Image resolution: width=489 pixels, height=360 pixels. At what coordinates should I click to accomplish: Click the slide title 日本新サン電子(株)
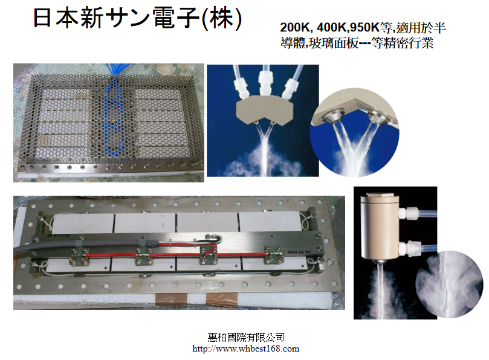pos(138,18)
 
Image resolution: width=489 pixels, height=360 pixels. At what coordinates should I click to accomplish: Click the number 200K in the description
pos(294,27)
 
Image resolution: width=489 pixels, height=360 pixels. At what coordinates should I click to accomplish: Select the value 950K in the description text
pos(364,27)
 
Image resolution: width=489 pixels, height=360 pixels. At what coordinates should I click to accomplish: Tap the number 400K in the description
pos(331,27)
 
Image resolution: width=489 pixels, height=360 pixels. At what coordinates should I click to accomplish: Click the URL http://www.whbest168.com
pos(246,349)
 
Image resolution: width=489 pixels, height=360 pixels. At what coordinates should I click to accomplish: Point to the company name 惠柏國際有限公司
pos(246,338)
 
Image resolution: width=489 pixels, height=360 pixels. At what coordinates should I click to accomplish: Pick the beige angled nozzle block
pos(265,111)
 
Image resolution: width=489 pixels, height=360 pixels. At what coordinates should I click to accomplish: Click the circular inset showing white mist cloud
pos(449,285)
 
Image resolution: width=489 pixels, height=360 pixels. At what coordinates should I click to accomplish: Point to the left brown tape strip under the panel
pos(171,298)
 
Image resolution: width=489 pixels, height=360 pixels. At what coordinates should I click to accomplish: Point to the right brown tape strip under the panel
pos(222,299)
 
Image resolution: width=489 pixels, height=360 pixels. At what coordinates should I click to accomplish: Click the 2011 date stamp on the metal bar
pos(294,252)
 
